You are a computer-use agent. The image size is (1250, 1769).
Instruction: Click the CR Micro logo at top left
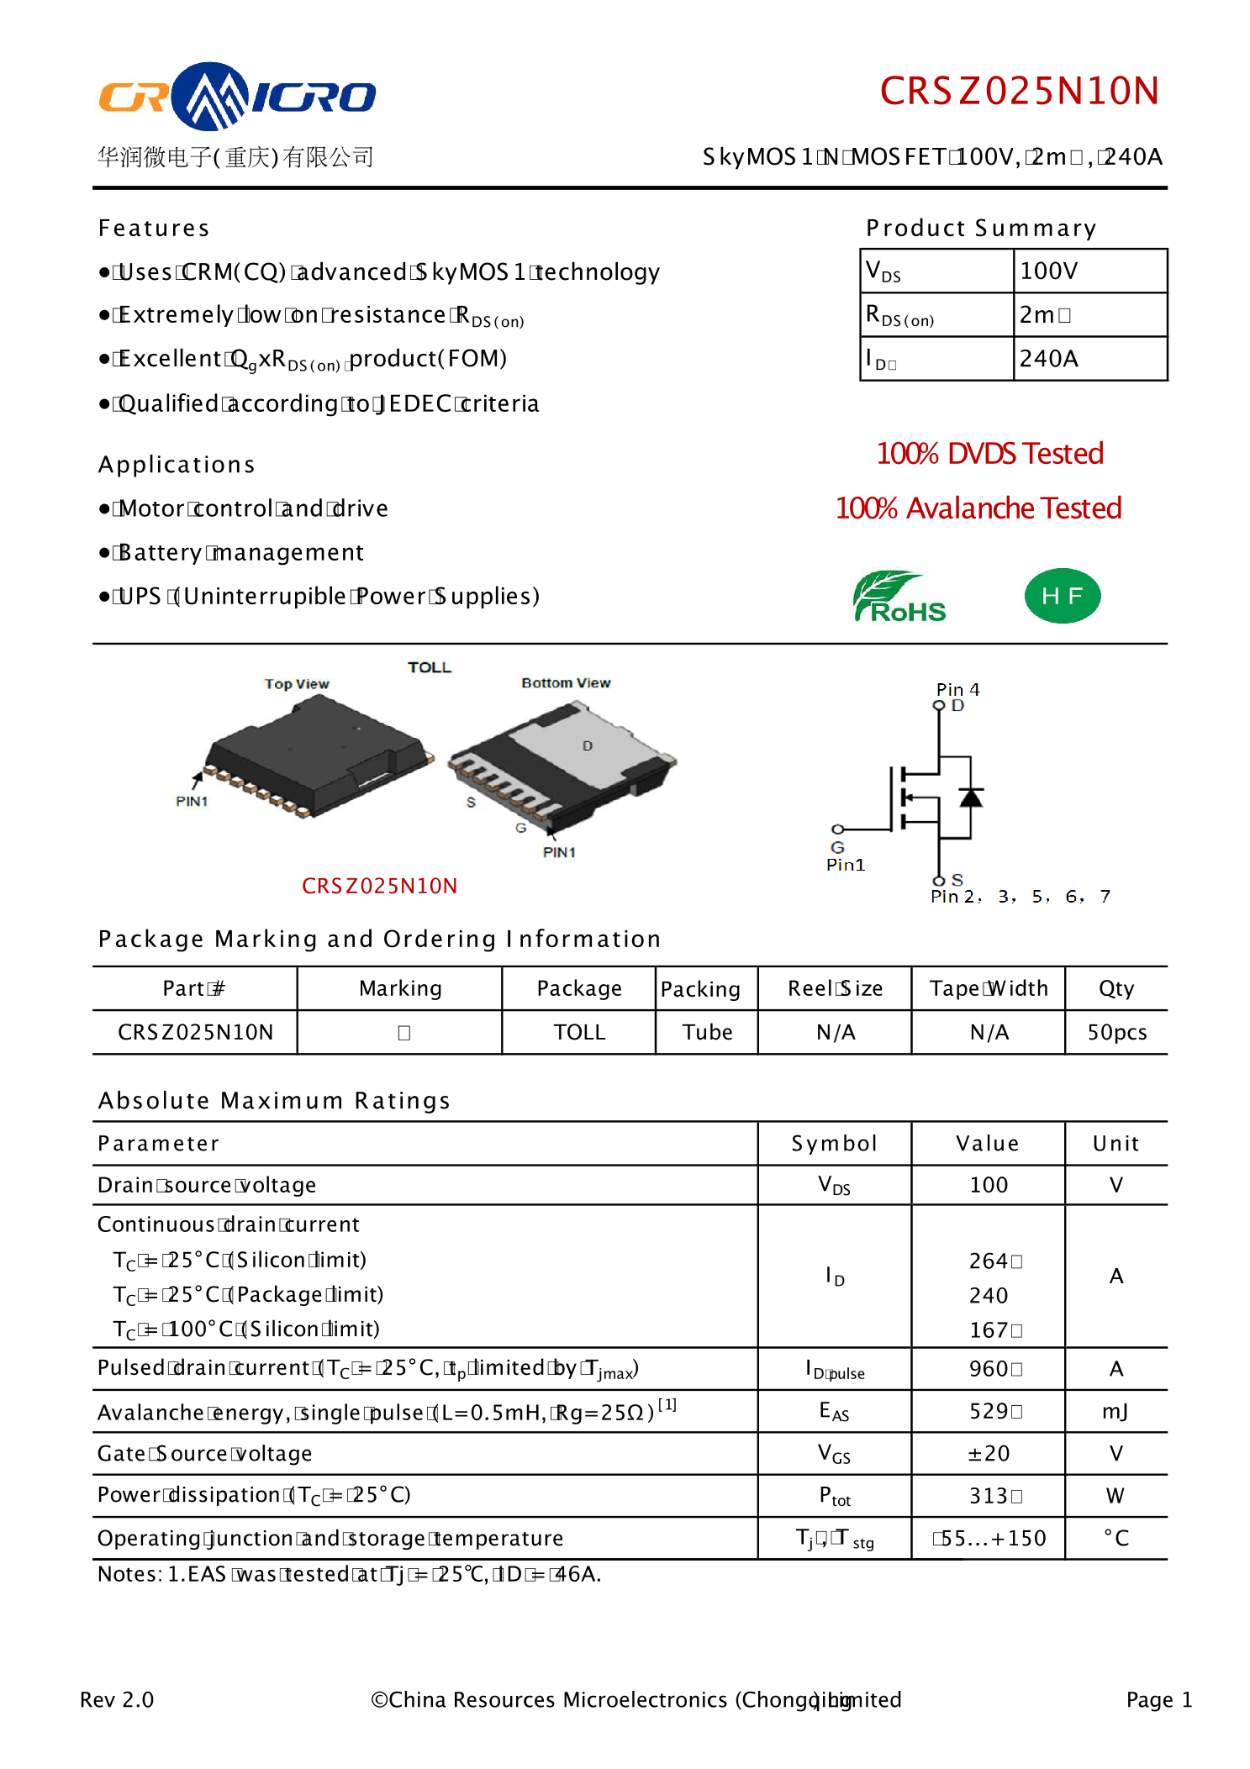(x=237, y=97)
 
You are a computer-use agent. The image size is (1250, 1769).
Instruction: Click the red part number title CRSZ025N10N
(x=1019, y=92)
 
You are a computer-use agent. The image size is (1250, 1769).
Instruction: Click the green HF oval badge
(x=1062, y=596)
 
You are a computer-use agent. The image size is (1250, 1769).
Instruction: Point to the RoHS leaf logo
(x=899, y=597)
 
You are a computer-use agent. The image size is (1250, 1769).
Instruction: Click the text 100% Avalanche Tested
(x=978, y=508)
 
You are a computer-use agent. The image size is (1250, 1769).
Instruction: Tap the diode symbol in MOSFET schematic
(x=971, y=797)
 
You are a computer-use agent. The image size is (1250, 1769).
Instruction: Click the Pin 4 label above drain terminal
(x=957, y=689)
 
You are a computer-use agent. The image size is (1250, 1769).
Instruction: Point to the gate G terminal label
(x=837, y=847)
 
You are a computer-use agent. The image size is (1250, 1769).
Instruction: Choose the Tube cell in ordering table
(x=707, y=1032)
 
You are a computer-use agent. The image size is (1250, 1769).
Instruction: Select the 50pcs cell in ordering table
(x=1116, y=1032)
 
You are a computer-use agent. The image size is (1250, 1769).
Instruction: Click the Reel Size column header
(x=835, y=988)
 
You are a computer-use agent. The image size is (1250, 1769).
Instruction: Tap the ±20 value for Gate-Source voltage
(x=988, y=1453)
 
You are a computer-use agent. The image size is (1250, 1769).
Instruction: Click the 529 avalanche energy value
(x=989, y=1411)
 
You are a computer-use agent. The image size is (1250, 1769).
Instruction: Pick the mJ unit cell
(x=1116, y=1411)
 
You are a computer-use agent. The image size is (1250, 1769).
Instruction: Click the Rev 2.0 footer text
(x=117, y=1700)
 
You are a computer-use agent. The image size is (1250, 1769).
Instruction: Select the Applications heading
(x=177, y=465)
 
